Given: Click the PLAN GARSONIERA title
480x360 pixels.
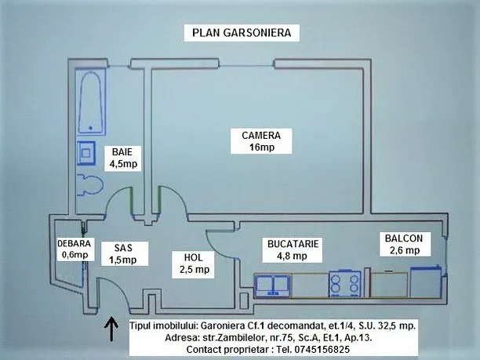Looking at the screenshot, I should [x=242, y=33].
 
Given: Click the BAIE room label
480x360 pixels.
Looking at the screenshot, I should [x=122, y=151].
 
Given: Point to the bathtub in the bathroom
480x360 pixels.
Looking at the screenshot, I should [x=93, y=103].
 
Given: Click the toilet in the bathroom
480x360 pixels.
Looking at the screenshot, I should [x=90, y=187].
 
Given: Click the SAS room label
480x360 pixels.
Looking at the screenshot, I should [x=123, y=247].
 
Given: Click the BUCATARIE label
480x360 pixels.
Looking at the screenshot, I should [x=293, y=244].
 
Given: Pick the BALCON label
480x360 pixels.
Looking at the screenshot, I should [x=404, y=238].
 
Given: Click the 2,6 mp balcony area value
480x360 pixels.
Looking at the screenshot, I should [x=404, y=250].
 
